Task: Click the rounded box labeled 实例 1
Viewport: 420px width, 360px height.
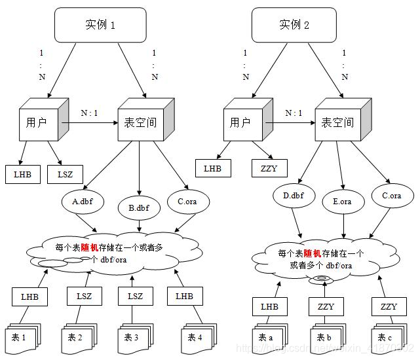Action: [100, 26]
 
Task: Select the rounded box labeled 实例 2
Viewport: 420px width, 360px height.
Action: [294, 26]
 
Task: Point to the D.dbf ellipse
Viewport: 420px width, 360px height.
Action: [294, 196]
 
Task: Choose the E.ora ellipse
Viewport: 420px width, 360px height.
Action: [341, 202]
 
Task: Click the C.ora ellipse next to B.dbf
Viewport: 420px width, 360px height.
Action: [187, 202]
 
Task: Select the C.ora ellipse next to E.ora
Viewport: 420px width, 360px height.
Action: [391, 196]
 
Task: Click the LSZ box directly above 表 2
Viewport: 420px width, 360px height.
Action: [84, 297]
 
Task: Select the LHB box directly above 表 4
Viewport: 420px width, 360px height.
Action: [184, 297]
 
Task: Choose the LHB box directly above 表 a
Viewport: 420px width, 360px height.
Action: [269, 306]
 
